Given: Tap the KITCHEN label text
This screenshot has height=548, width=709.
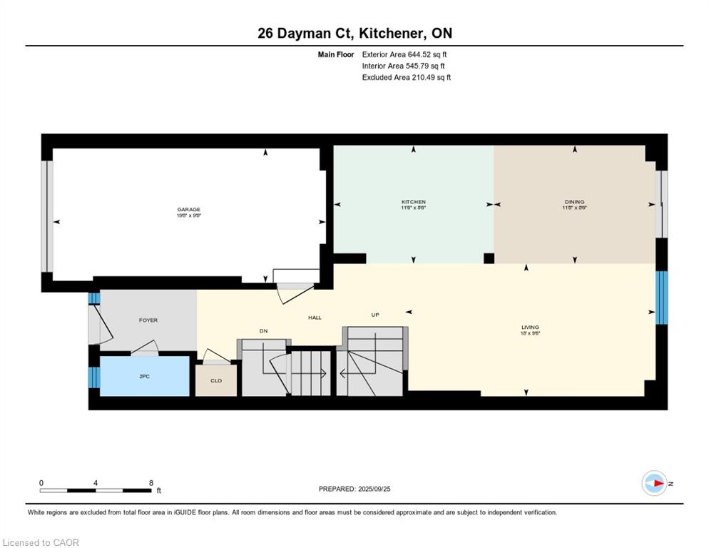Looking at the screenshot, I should [x=413, y=202].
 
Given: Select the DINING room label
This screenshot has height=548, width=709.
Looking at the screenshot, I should [x=574, y=202].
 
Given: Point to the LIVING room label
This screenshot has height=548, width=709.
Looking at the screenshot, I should [x=530, y=327].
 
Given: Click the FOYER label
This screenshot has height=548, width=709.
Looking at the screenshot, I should [x=148, y=320].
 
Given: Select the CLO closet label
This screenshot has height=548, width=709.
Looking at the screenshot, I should [x=216, y=381].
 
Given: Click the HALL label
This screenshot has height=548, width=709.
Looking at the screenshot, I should [x=314, y=318].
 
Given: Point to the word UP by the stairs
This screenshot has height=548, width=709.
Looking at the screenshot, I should [x=374, y=314].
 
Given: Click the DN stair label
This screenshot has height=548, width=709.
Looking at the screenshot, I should [x=262, y=331].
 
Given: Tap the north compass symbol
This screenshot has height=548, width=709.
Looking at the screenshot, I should [x=654, y=483].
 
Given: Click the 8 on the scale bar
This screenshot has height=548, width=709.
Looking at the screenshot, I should [x=151, y=482].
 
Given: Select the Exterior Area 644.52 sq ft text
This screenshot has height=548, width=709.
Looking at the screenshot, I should [x=404, y=54].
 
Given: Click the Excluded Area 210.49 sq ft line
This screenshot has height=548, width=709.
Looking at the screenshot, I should [x=407, y=77].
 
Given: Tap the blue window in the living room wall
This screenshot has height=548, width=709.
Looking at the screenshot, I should [x=661, y=298].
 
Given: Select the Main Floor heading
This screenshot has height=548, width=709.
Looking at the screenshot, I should [x=335, y=54].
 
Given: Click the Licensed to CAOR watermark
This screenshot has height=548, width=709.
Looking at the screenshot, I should [x=41, y=542].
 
